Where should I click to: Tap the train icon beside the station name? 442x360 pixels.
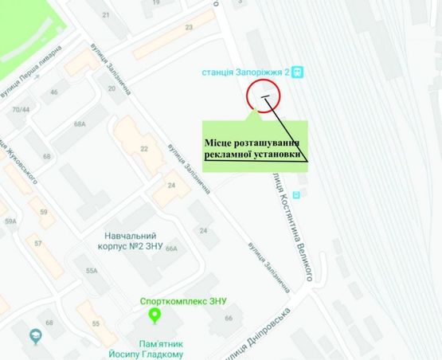[x=297, y=72]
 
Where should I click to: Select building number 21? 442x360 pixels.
[x=107, y=15]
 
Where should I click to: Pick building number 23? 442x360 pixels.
[x=189, y=28]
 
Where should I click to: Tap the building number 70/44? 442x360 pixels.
[x=20, y=109]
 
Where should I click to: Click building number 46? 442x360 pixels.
[x=55, y=93]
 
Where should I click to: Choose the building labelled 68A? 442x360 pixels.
[x=79, y=124]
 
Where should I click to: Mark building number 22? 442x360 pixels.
[x=144, y=149]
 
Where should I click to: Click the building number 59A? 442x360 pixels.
[x=10, y=221]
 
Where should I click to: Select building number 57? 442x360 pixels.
[x=37, y=241]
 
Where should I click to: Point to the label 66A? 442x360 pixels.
[x=174, y=249]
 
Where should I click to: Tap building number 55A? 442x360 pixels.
[x=92, y=272]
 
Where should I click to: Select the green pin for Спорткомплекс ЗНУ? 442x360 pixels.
[x=156, y=315]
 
